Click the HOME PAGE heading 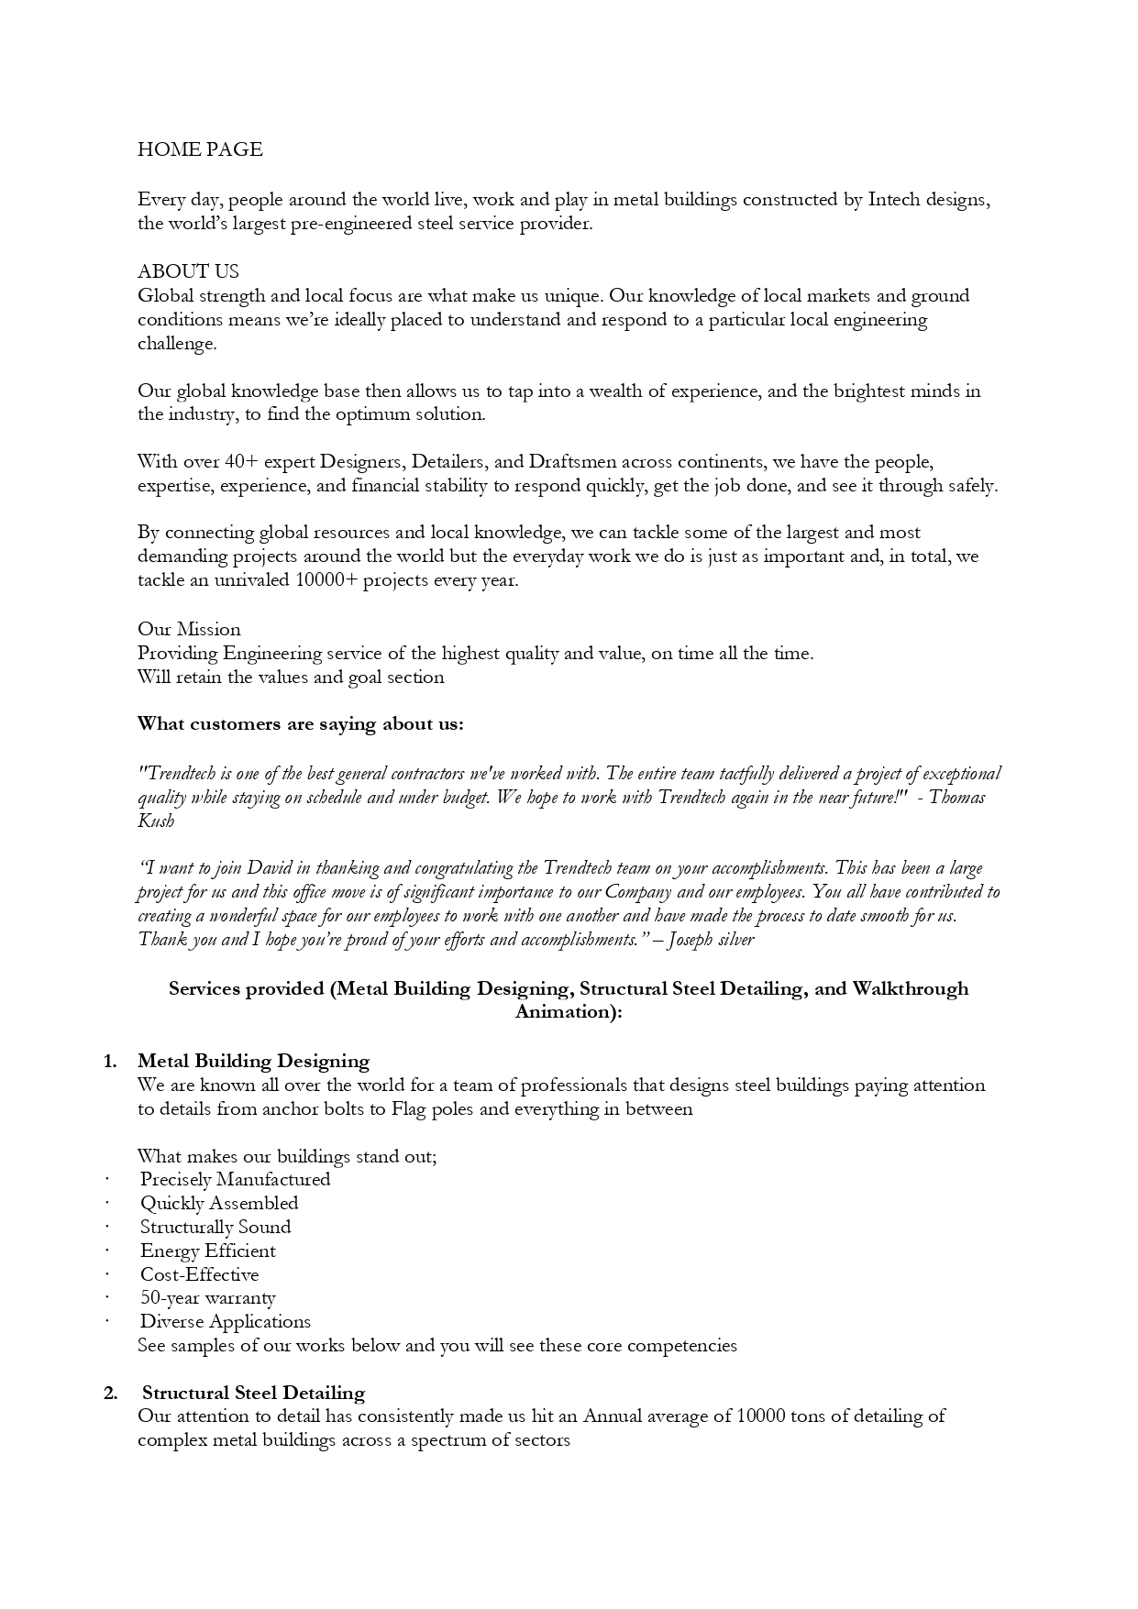click(x=200, y=149)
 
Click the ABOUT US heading click(x=188, y=271)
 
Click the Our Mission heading click(x=189, y=629)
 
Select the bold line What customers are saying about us click(x=300, y=724)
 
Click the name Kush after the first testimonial click(x=156, y=821)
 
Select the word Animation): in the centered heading click(x=569, y=1012)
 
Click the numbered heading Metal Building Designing click(x=253, y=1062)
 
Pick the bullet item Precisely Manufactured click(x=235, y=1180)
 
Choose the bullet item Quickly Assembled click(x=219, y=1204)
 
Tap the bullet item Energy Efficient click(x=208, y=1251)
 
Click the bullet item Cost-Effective click(x=200, y=1275)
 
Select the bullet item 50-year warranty click(x=208, y=1298)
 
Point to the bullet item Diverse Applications click(x=226, y=1322)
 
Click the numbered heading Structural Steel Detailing click(x=253, y=1394)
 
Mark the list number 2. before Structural click(x=111, y=1394)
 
